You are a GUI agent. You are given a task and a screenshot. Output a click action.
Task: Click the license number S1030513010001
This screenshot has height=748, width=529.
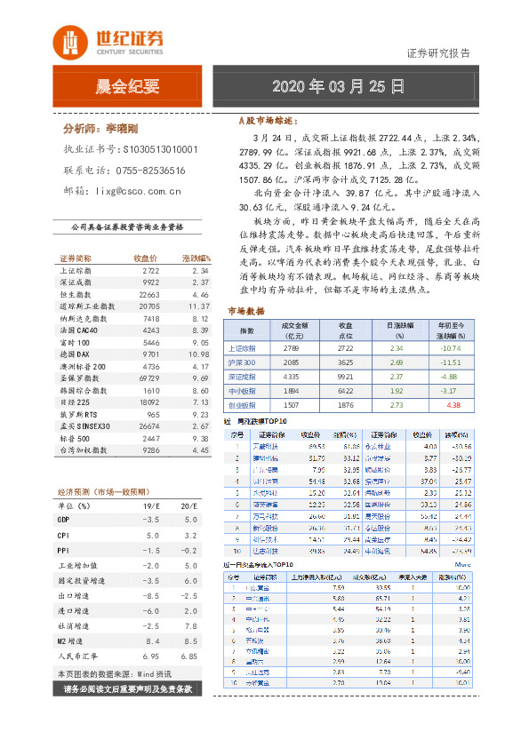(x=160, y=150)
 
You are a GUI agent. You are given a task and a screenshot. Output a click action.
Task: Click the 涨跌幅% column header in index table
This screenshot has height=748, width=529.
(x=195, y=257)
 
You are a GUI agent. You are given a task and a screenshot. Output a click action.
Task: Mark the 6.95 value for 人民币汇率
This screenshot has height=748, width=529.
(x=151, y=656)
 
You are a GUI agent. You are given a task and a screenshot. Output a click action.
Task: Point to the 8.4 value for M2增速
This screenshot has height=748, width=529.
(x=152, y=639)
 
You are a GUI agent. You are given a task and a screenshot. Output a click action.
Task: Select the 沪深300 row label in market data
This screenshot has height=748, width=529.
(x=241, y=362)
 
